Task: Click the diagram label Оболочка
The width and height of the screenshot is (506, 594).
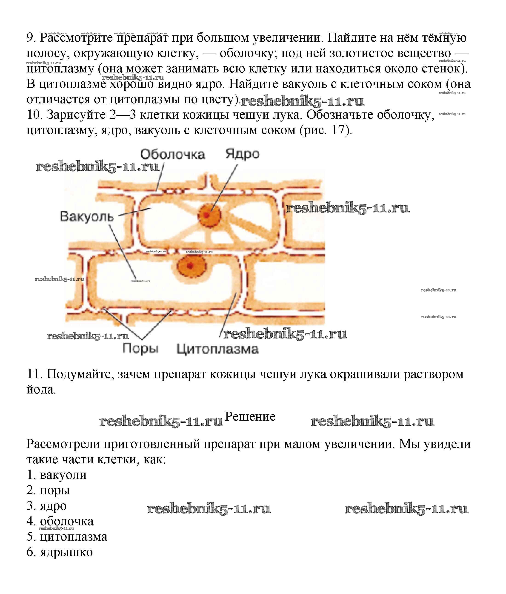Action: pos(172,155)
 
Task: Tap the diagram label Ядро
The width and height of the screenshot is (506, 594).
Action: pos(242,154)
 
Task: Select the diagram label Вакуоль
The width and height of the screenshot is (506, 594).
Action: pos(87,216)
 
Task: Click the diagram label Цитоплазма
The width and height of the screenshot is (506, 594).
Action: pos(217,349)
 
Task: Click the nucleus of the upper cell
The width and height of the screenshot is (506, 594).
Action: pos(209,215)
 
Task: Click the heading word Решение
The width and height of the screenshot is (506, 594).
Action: pos(250,416)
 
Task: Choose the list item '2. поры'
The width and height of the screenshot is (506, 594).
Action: pos(48,491)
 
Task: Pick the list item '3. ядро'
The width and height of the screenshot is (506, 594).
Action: pos(46,506)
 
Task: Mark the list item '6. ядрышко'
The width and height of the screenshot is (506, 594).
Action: pos(60,552)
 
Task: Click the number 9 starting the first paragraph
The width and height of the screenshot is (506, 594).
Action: pos(30,37)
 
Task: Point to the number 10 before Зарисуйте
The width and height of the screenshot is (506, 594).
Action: pos(34,115)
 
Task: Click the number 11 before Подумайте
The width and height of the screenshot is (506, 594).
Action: pos(34,374)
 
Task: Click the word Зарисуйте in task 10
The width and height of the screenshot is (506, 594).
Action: pos(76,115)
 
